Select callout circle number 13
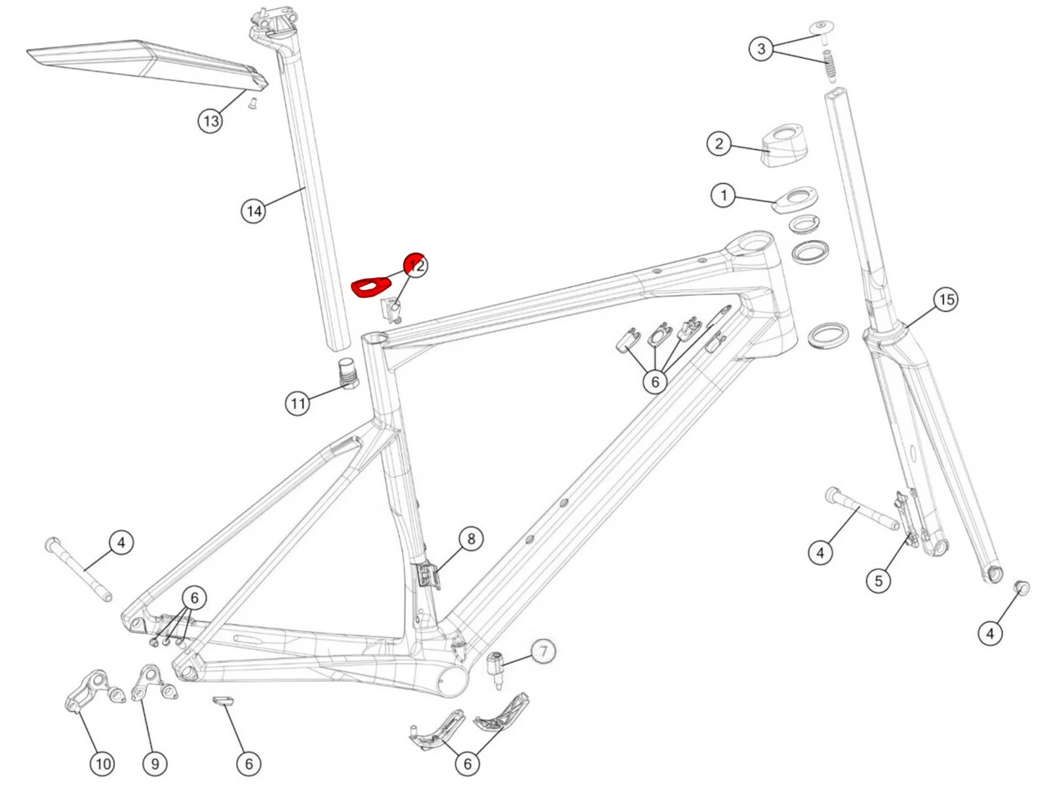coord(210,121)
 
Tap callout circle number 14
coord(254,211)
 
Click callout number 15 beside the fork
coord(945,300)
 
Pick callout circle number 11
coord(298,403)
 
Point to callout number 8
coord(471,539)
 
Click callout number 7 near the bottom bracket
coord(543,652)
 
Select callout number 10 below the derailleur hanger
coord(102,763)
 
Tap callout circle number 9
coord(155,763)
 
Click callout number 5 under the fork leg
coord(879,580)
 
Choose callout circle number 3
coord(761,49)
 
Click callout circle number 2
coord(719,144)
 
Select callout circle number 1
coord(723,195)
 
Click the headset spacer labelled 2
coord(785,146)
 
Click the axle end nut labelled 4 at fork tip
coord(1021,587)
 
